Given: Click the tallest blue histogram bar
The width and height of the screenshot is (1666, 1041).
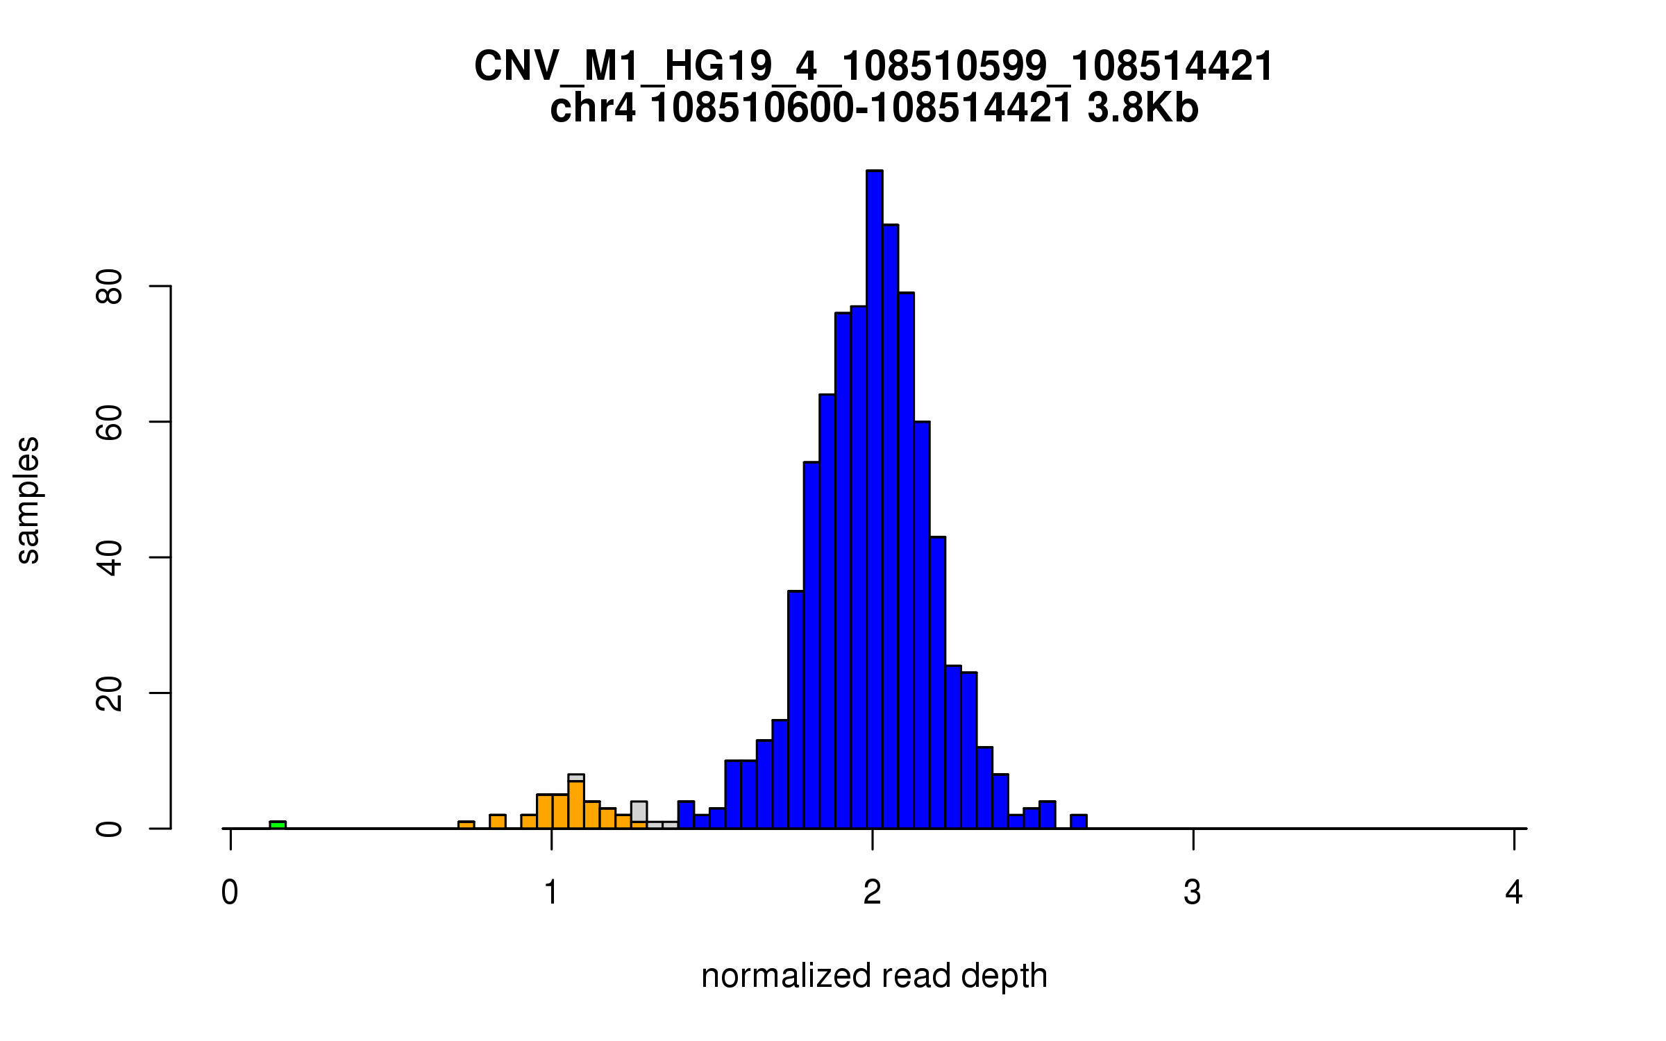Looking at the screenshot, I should pyautogui.click(x=874, y=500).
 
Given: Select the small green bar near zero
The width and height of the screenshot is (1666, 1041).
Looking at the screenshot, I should pyautogui.click(x=278, y=824).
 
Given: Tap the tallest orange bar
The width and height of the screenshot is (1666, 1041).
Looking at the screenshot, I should pyautogui.click(x=576, y=805).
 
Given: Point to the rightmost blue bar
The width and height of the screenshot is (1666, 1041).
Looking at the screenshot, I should pyautogui.click(x=1078, y=822).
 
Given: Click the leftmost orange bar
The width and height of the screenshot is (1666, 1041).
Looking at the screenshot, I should pyautogui.click(x=466, y=824).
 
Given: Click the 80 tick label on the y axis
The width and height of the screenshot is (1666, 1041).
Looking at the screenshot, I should pyautogui.click(x=110, y=287).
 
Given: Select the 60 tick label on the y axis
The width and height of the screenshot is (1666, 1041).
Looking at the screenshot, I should pyautogui.click(x=110, y=422).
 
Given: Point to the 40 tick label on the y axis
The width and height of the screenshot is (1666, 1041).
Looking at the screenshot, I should pyautogui.click(x=110, y=558).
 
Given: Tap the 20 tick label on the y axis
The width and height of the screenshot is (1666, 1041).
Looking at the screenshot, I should pyautogui.click(x=110, y=693).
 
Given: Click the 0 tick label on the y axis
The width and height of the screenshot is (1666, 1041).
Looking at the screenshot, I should pyautogui.click(x=110, y=829).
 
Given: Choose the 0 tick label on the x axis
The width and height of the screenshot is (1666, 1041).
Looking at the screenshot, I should pyautogui.click(x=230, y=892).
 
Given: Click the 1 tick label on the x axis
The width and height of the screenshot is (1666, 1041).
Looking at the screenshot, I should pyautogui.click(x=551, y=892).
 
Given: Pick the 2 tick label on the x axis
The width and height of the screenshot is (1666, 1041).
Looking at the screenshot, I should pyautogui.click(x=872, y=892).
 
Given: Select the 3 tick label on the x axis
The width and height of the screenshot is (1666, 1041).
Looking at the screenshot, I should pyautogui.click(x=1193, y=892).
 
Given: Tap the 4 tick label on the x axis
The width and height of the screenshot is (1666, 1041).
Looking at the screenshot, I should pyautogui.click(x=1514, y=892).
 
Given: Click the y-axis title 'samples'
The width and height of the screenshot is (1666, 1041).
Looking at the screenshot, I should pyautogui.click(x=28, y=500).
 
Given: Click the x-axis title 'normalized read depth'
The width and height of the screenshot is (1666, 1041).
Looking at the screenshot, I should pyautogui.click(x=874, y=976).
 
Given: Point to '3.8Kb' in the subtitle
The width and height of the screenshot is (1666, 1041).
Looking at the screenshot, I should pyautogui.click(x=1143, y=108).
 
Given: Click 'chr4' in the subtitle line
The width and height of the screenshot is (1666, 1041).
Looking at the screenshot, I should pyautogui.click(x=592, y=108).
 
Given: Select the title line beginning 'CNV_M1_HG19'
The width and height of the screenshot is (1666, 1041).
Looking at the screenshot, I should pyautogui.click(x=873, y=67).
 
